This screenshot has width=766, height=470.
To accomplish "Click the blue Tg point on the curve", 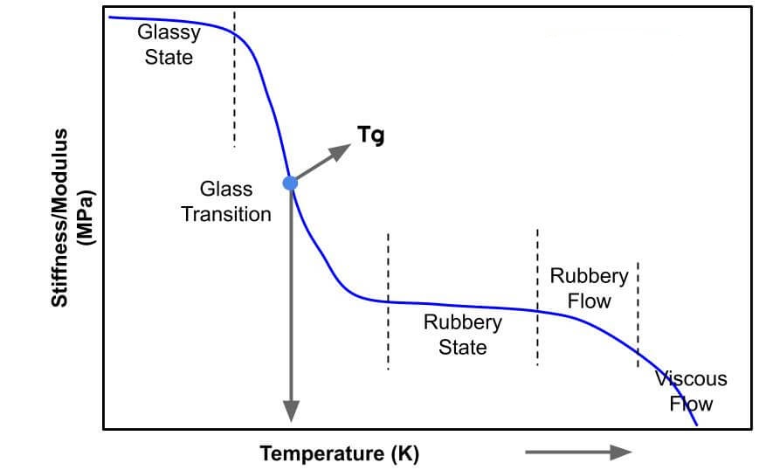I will (290, 183).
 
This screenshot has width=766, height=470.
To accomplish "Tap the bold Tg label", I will (370, 136).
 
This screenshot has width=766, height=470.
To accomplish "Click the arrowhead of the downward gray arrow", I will (290, 410).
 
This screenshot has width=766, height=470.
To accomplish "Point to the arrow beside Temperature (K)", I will (578, 452).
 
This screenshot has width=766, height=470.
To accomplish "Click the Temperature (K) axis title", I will (339, 453).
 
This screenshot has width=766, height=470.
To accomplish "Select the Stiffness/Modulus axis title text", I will (59, 218).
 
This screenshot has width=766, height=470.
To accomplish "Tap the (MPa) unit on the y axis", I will (85, 218).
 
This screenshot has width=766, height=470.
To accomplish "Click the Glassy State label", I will (169, 45).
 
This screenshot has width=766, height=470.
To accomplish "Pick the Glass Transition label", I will (226, 201).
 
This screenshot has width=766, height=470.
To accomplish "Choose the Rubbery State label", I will (463, 335).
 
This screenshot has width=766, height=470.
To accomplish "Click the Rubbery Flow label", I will (589, 288).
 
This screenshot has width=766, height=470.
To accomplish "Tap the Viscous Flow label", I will (691, 391).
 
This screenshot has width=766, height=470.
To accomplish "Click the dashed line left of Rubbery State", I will (388, 301).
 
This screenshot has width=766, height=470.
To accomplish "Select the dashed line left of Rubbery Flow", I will (537, 297).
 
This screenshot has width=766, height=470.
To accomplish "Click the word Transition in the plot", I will (226, 213).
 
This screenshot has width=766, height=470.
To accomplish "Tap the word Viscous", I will (691, 379).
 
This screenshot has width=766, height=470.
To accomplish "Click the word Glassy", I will (169, 33).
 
